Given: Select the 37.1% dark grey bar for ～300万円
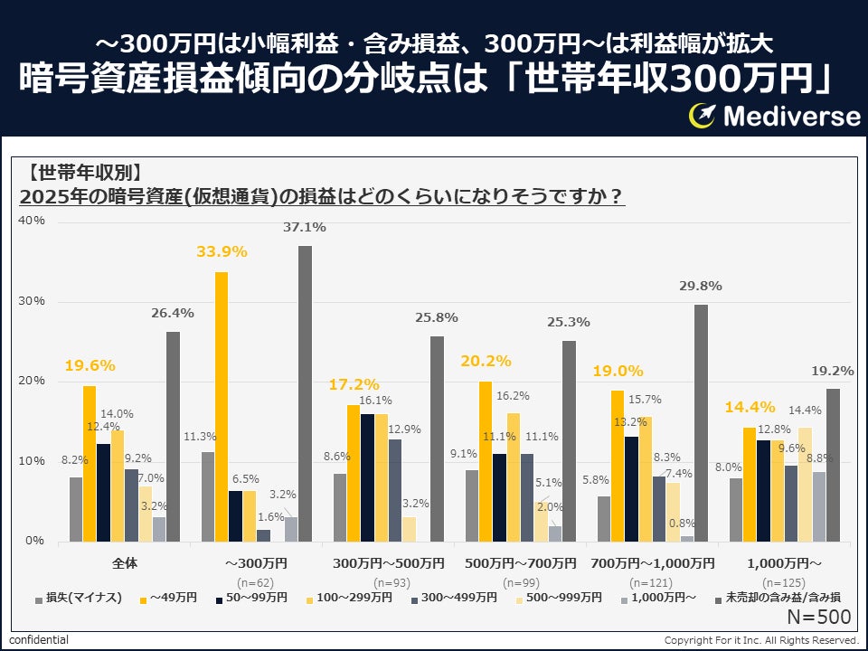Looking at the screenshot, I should (x=305, y=393).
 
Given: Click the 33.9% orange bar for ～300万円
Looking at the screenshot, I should (x=222, y=407).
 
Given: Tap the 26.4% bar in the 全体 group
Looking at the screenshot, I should (x=173, y=437).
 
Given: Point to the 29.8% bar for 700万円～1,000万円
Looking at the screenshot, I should (x=701, y=423).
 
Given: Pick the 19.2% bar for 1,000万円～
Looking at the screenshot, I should (x=833, y=466).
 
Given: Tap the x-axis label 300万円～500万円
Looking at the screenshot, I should (x=388, y=562).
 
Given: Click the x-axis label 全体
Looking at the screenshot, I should (x=125, y=562).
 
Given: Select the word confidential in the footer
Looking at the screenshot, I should (x=39, y=640).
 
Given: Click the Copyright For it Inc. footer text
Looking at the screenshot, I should (x=761, y=640).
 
